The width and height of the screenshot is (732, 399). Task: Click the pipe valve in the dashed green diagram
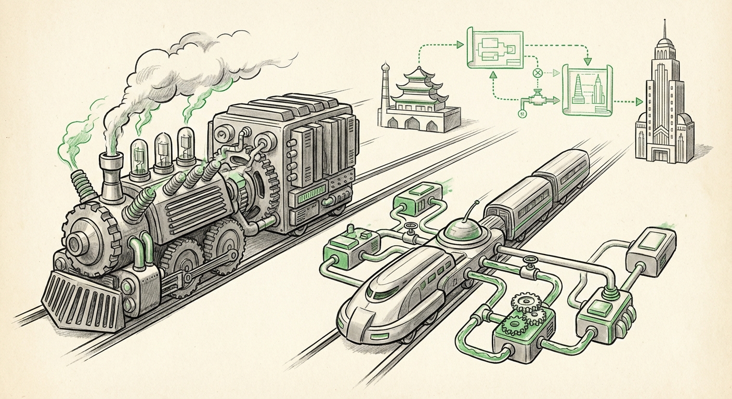coord(538,99)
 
